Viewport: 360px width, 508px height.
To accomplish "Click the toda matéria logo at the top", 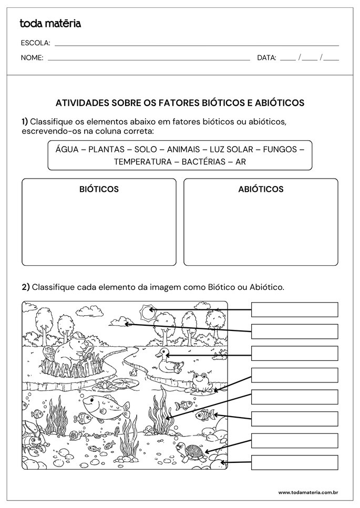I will [50, 23].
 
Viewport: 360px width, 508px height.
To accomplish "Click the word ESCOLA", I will [36, 43].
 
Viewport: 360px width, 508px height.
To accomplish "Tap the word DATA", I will [266, 58].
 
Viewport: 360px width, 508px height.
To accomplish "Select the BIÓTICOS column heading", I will [99, 189].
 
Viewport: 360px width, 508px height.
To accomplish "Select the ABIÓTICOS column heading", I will [261, 189].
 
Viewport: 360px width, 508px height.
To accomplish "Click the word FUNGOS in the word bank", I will [280, 149].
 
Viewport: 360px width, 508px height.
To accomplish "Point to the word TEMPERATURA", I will [142, 162].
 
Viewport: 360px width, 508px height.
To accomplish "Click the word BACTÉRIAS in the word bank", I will [204, 162].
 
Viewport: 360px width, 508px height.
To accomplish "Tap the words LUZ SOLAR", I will [232, 149].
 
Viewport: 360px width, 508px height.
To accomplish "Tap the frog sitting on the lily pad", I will [200, 382].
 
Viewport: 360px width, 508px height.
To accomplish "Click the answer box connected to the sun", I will [294, 309].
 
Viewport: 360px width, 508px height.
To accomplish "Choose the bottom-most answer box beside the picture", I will [294, 462].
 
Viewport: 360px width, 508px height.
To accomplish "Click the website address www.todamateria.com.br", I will [307, 492].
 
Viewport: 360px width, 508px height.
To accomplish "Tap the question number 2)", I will [26, 287].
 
